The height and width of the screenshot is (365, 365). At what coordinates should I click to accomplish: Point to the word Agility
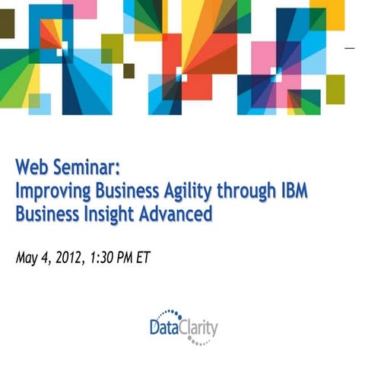(191, 191)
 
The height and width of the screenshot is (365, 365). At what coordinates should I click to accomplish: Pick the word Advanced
(179, 214)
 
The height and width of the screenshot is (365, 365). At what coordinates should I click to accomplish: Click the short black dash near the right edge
(351, 48)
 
